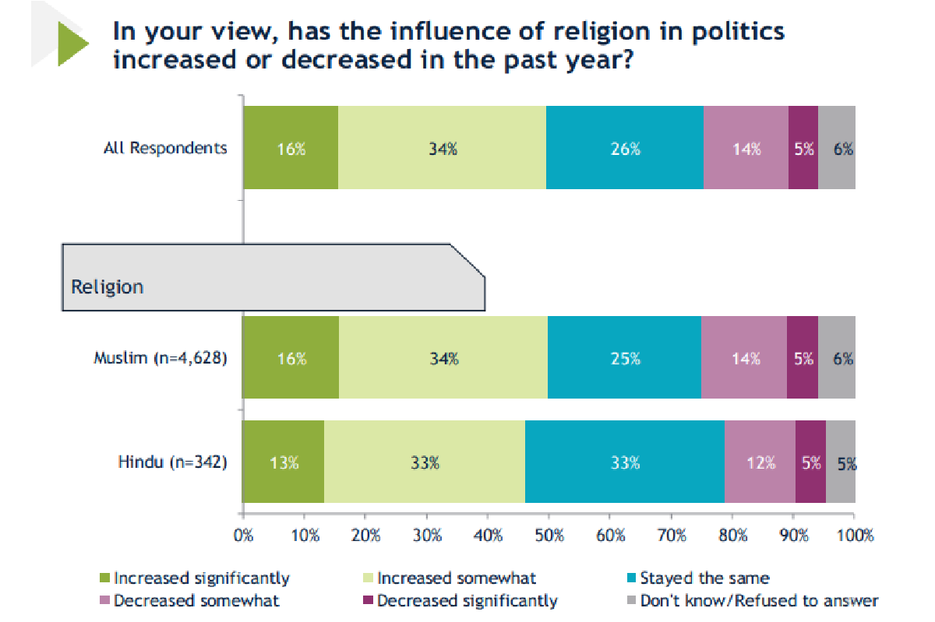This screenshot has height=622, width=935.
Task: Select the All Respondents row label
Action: [x=165, y=148]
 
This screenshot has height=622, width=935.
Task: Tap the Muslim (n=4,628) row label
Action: [x=161, y=358]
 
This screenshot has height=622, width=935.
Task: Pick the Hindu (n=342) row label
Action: [x=172, y=462]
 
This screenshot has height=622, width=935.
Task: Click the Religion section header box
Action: [x=273, y=278]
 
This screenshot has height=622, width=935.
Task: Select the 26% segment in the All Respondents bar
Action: [x=625, y=148]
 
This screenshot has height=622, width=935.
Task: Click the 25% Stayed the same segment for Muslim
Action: [x=625, y=358]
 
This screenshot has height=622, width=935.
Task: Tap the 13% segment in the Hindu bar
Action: [x=284, y=462]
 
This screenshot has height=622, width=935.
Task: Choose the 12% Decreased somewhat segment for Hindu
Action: [x=760, y=462]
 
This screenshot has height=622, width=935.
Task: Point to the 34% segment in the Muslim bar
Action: [x=442, y=358]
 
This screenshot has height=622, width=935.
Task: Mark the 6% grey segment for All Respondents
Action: [x=838, y=148]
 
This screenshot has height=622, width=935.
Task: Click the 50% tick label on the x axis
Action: [x=549, y=536]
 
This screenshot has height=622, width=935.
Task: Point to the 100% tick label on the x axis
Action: [x=855, y=536]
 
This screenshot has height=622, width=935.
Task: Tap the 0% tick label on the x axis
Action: [x=244, y=536]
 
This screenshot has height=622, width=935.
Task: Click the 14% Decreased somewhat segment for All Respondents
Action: [x=746, y=148]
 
